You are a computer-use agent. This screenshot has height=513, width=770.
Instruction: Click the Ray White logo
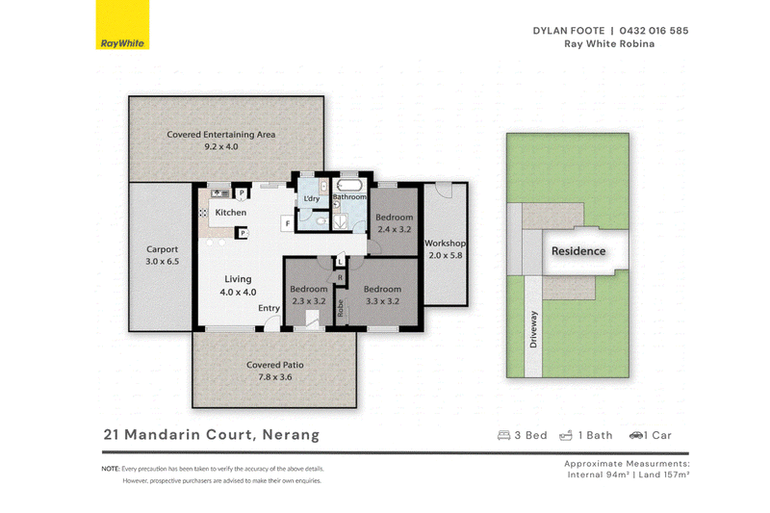point(122,25)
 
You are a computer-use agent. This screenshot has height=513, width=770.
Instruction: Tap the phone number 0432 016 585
point(654,31)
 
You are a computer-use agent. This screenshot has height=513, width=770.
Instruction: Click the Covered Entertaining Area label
point(221,134)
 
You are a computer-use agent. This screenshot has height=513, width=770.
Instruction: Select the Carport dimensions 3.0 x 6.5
point(162,261)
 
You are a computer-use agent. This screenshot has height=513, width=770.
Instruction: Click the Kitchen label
point(231,212)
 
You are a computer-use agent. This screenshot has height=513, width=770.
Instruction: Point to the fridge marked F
point(287,223)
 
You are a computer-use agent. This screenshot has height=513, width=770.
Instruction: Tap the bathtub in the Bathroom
point(349,186)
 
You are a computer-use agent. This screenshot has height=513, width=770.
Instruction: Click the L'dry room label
point(311,198)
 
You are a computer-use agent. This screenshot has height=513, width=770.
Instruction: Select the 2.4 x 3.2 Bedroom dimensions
point(395,229)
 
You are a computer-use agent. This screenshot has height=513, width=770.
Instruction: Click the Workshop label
point(446,243)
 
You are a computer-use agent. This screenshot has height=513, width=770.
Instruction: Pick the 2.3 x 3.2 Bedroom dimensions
point(309,301)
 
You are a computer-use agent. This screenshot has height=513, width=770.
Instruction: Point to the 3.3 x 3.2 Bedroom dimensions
point(382,301)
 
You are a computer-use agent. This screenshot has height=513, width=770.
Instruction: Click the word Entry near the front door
point(269,308)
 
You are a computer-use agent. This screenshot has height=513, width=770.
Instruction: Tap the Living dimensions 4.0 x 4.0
point(238,292)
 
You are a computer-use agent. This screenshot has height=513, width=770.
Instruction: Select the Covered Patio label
point(275,365)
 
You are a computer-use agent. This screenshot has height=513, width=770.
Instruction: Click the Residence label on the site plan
point(578,251)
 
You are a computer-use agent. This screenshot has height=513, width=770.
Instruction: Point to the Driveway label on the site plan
point(534,329)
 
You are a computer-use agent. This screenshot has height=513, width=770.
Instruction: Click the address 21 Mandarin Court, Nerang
point(212,434)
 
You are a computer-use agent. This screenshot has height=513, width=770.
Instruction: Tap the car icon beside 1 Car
point(636,435)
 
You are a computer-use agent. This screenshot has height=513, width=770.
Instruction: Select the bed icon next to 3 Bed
point(503,435)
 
